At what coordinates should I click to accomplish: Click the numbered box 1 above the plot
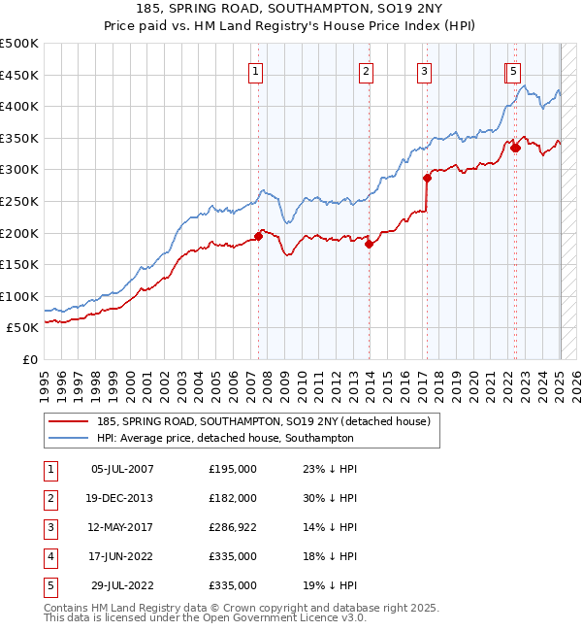255,70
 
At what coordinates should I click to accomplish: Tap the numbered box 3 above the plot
425,70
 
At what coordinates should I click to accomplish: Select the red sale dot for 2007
259,235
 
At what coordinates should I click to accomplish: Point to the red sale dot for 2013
370,244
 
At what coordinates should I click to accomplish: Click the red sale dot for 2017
427,178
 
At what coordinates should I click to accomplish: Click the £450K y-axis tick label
20,75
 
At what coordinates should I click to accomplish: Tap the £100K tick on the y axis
20,296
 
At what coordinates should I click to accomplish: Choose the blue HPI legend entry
224,438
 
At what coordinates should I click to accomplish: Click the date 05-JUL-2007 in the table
122,469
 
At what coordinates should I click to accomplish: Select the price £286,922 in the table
233,527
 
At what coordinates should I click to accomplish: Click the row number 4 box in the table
50,556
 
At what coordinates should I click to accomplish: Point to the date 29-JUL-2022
122,585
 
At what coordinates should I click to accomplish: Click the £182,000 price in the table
233,498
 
